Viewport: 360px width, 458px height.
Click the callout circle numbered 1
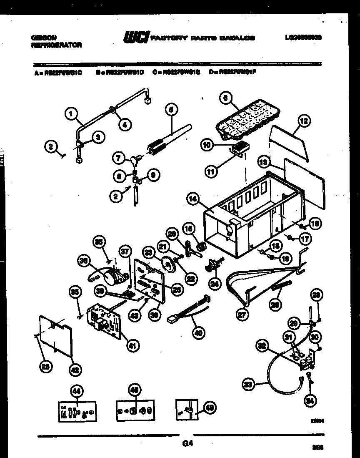pyautogui.click(x=71, y=113)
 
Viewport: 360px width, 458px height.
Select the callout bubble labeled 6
pyautogui.click(x=225, y=98)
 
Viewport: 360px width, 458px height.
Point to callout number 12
pyautogui.click(x=304, y=121)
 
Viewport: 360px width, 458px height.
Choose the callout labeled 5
pyautogui.click(x=170, y=109)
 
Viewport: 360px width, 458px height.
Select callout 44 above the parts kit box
pyautogui.click(x=76, y=391)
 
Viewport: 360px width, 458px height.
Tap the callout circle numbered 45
pyautogui.click(x=134, y=391)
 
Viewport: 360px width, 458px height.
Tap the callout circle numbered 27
pyautogui.click(x=243, y=315)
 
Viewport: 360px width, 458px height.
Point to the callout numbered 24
pyautogui.click(x=214, y=284)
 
